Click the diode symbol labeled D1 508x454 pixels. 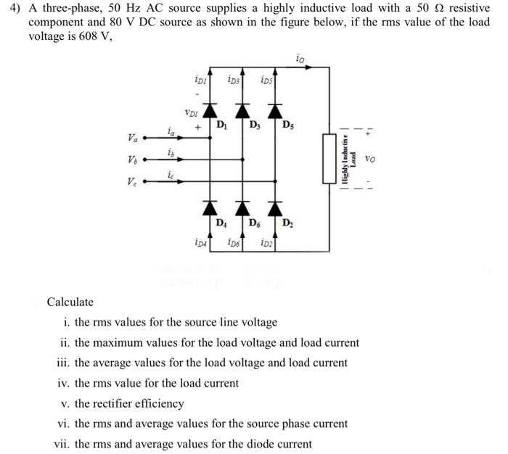[x=210, y=110]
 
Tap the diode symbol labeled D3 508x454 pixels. [x=243, y=110]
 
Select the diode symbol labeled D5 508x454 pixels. [x=276, y=110]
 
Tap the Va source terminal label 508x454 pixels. [x=131, y=137]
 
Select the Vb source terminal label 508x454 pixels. [x=131, y=160]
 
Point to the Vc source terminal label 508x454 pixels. [x=131, y=182]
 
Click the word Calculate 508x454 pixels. [x=70, y=302]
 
